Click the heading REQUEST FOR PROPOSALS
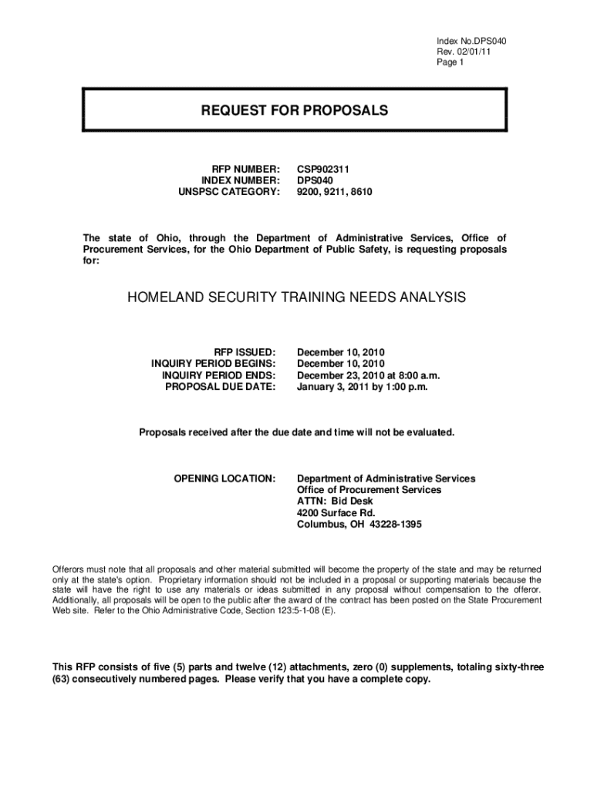pyautogui.click(x=295, y=111)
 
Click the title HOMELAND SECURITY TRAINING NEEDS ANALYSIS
pyautogui.click(x=296, y=297)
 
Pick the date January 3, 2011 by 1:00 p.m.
pyautogui.click(x=362, y=388)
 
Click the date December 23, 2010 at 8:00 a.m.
pyautogui.click(x=368, y=375)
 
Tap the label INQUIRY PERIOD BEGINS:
pyautogui.click(x=213, y=363)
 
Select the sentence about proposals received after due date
pyautogui.click(x=296, y=432)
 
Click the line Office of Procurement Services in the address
pyautogui.click(x=370, y=490)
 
